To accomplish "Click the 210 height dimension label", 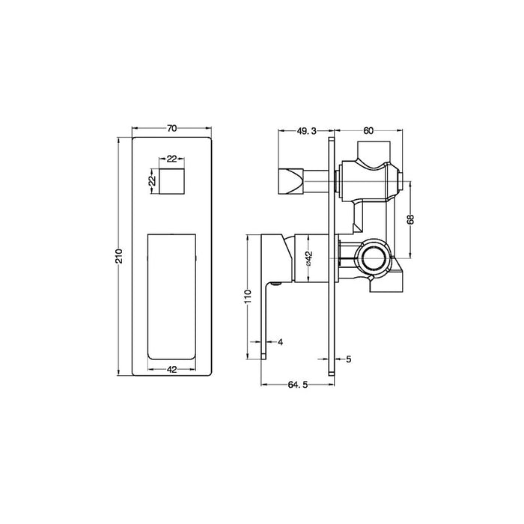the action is coord(119,256).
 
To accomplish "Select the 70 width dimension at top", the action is coord(171,128).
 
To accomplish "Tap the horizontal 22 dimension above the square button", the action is coord(171,159).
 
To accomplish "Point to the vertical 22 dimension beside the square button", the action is coord(152,181).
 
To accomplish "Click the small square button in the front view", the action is coord(171,181).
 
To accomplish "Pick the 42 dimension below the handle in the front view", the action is coord(171,370).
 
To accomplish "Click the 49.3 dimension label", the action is coord(306,131).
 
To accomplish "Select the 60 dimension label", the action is coord(368,131).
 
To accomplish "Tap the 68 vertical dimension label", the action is coord(411,219).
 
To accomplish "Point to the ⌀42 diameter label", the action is coord(308,258).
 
